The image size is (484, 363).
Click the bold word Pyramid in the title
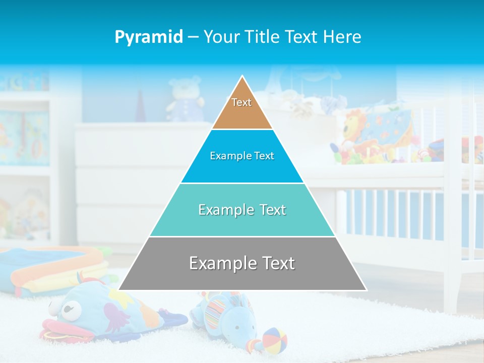tap(149, 37)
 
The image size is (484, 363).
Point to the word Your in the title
tap(221, 37)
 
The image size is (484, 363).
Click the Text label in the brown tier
tap(241, 102)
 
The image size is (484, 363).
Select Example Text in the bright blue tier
tap(242, 156)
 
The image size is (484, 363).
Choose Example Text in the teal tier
tap(242, 210)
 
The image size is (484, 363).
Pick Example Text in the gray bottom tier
tap(242, 263)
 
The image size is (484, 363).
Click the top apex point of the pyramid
tap(243, 76)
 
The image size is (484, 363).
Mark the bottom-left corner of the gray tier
tap(119, 290)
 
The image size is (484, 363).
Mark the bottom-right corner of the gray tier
tap(366, 290)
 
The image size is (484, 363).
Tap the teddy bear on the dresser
tap(185, 99)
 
